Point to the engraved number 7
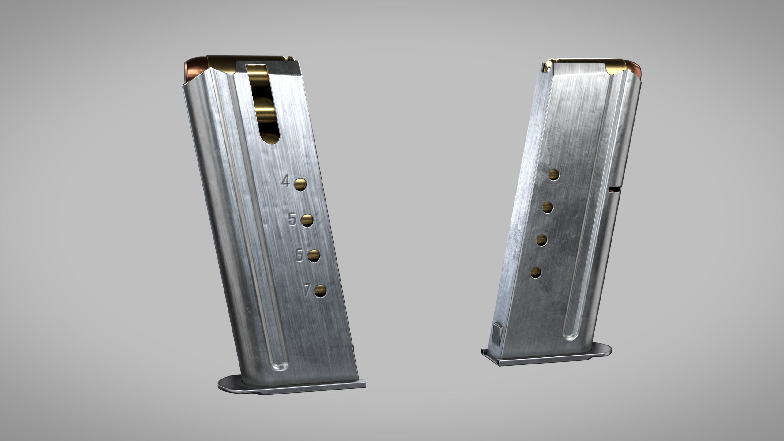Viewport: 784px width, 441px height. point(307,290)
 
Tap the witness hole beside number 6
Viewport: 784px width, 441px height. point(314,256)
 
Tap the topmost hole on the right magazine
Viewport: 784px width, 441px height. point(554,175)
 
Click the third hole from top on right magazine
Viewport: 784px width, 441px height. point(542,240)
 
